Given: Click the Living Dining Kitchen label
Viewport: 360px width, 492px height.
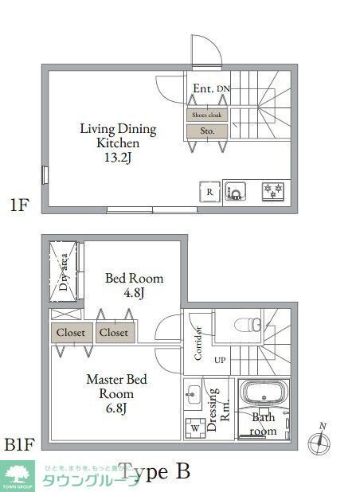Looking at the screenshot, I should (x=118, y=136).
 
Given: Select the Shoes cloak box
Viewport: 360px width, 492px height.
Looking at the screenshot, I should (x=208, y=115).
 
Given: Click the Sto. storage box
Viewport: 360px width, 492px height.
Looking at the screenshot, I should (x=208, y=131).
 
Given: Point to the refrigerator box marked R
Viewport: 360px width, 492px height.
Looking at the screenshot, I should (x=209, y=192).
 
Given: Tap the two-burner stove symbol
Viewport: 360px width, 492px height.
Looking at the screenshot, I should (x=273, y=191).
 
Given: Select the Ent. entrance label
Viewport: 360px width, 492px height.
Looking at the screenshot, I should (x=203, y=89).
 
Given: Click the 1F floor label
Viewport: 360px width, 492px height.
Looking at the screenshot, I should (x=20, y=205).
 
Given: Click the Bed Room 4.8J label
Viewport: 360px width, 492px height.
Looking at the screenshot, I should (x=135, y=285).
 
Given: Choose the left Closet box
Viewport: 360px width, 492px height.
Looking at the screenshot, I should (x=71, y=333).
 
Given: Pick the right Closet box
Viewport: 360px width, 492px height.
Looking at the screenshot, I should (x=115, y=333).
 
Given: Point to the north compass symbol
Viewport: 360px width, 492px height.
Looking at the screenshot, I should (x=322, y=439).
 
